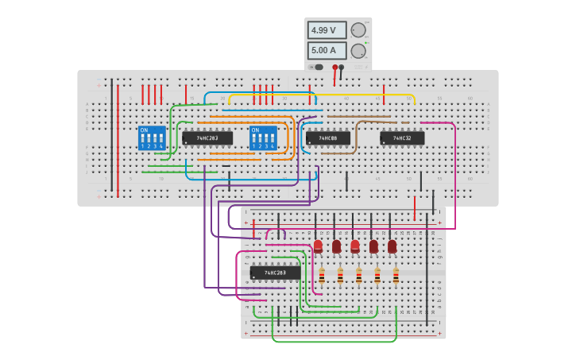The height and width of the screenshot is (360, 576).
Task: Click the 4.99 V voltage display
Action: click(327, 30)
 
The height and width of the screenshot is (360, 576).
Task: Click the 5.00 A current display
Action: click(327, 50)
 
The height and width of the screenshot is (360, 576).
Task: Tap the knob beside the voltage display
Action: click(358, 30)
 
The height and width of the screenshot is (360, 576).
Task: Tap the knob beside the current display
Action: click(358, 51)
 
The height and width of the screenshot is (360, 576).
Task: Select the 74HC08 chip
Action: click(327, 138)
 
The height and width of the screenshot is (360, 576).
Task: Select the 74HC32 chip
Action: click(401, 138)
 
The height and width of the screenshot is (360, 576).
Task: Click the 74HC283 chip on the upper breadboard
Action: click(207, 138)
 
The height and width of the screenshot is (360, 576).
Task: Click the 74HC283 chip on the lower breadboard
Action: click(275, 273)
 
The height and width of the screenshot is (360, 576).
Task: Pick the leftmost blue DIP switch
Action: click(152, 138)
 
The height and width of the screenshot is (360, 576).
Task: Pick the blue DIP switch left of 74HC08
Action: click(263, 138)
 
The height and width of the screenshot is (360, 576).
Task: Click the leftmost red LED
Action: click(318, 246)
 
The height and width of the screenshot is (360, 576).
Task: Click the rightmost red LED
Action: click(392, 246)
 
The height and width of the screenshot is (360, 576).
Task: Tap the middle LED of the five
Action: click(355, 246)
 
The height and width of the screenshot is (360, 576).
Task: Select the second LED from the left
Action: click(336, 246)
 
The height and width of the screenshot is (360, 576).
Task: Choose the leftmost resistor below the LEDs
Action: click(322, 276)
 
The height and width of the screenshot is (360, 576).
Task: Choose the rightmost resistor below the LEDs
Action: click(396, 276)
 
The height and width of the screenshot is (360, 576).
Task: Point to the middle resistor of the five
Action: click(358, 276)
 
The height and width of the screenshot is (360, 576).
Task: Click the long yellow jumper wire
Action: click(318, 95)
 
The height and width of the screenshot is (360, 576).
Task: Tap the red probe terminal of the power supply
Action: click(334, 68)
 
